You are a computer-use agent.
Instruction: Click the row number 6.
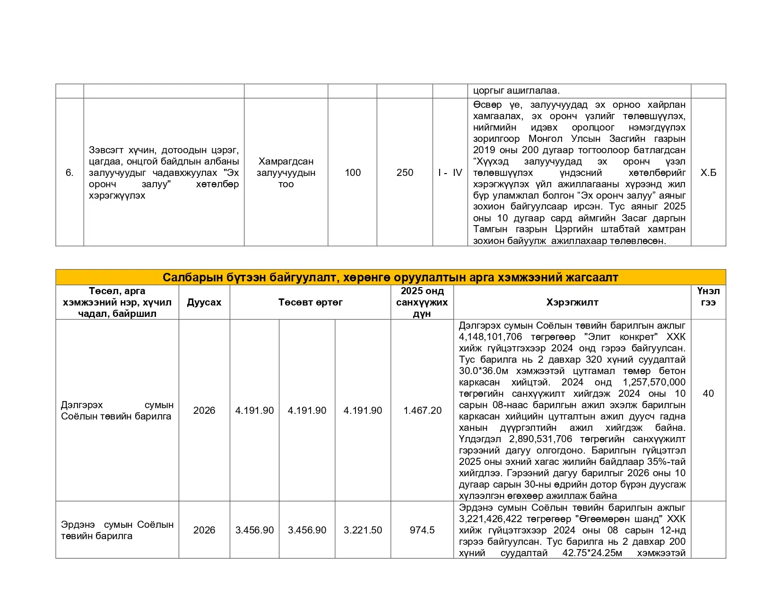[69, 173]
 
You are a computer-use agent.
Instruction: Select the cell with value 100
[353, 173]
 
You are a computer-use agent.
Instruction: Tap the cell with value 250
[405, 173]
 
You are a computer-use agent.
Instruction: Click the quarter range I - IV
[450, 173]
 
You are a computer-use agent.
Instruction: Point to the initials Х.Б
[708, 173]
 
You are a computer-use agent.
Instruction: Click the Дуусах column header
[204, 302]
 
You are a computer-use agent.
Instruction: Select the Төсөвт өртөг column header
[310, 302]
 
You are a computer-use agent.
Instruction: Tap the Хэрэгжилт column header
[572, 302]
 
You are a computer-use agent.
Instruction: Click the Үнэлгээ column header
[708, 297]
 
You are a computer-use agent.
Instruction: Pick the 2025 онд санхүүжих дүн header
[422, 302]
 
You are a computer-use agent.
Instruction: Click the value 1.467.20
[422, 411]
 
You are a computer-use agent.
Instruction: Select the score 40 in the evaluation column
[708, 393]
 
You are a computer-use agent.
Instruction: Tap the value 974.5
[422, 530]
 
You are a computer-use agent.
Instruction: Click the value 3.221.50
[363, 530]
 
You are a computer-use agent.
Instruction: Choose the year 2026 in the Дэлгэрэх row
[204, 411]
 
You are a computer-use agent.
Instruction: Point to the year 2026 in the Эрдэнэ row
[204, 530]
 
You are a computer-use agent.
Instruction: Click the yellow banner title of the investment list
[390, 278]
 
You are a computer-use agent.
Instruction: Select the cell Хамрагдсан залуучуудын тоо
[286, 173]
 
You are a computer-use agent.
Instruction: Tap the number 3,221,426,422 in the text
[490, 519]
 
